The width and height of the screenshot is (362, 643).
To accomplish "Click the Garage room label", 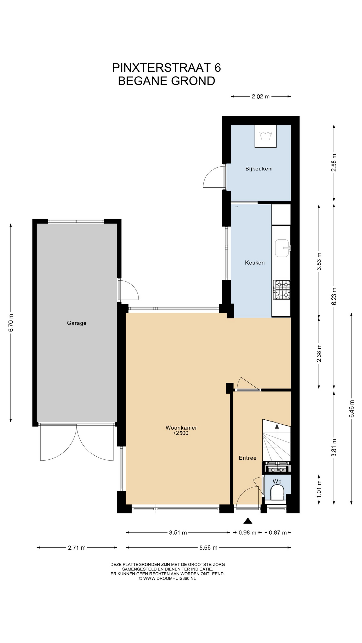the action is tap(77, 323).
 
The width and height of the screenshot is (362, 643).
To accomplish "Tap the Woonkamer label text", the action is tap(181, 428).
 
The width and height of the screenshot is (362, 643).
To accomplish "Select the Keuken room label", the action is tap(255, 263).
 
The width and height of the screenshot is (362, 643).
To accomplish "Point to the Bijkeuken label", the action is tap(258, 169).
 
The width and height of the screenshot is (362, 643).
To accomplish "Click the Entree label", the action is tap(248, 458).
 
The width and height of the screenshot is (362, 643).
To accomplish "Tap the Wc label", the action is tap(277, 482).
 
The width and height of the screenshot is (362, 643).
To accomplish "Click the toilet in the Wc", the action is tap(277, 493).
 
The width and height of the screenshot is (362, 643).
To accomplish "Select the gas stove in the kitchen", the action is tap(282, 290).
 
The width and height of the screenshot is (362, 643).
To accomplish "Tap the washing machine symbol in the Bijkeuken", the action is tap(265, 136).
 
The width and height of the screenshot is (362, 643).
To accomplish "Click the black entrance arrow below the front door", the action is tap(248, 520).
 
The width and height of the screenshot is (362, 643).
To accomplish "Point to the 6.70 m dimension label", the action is tap(11, 323).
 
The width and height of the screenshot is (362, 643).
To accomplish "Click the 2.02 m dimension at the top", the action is tap(261, 97).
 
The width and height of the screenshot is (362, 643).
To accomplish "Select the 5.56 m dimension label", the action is tap(208, 548).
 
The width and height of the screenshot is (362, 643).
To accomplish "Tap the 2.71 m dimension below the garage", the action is tap(77, 548).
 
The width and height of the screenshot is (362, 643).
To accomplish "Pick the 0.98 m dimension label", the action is tap(247, 533).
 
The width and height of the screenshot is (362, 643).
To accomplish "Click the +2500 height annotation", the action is tap(181, 433).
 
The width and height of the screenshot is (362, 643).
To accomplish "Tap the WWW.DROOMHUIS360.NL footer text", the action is tap(170, 578).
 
